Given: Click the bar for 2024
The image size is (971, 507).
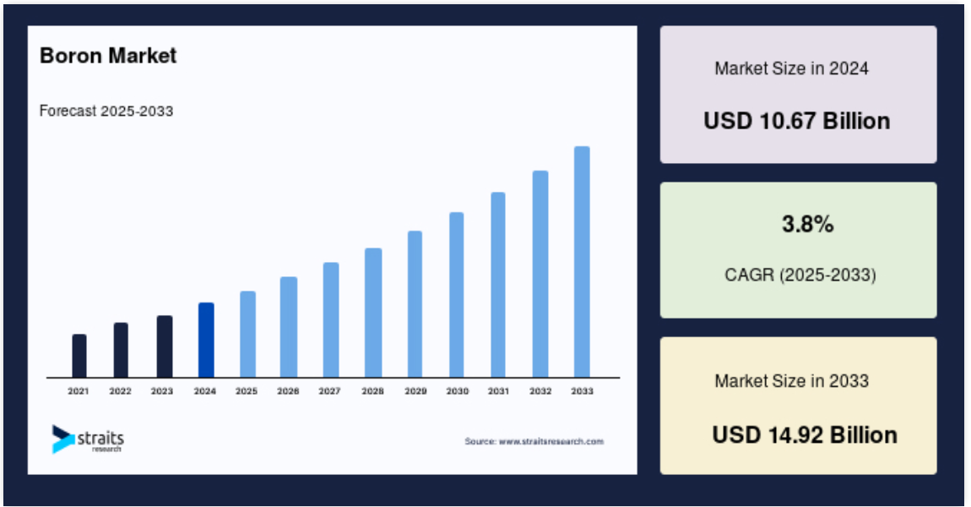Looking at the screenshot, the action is (x=206, y=340).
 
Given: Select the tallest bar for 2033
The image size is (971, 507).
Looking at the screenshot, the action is (x=582, y=262).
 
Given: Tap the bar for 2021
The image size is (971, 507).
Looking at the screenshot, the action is (x=79, y=356).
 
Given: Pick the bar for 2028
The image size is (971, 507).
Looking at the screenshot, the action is (x=373, y=313).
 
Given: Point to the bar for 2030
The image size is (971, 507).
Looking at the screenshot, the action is (x=457, y=294).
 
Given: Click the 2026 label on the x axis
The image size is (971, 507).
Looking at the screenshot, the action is (x=288, y=391).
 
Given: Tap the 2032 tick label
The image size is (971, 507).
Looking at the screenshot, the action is (x=540, y=391).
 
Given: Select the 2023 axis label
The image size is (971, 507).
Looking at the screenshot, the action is (x=162, y=391).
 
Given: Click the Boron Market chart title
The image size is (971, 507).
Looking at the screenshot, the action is (x=108, y=56).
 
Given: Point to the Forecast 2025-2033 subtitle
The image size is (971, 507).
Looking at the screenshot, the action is (x=106, y=111).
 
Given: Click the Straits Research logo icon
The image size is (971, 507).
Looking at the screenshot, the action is (x=63, y=439).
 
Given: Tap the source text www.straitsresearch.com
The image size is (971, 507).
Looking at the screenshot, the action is (x=551, y=441).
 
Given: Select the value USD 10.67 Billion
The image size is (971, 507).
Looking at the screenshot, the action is (x=797, y=121).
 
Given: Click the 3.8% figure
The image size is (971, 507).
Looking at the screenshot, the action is (x=807, y=224).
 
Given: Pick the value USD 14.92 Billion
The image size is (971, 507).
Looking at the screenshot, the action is (x=805, y=435).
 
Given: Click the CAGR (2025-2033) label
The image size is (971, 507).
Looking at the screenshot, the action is (x=800, y=275).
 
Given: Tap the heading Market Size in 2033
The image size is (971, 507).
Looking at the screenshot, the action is (x=791, y=380).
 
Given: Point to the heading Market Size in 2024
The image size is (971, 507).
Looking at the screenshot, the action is (x=791, y=68).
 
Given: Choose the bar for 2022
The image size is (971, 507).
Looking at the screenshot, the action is (x=121, y=350).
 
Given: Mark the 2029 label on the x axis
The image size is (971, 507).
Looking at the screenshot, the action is (x=415, y=391).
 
